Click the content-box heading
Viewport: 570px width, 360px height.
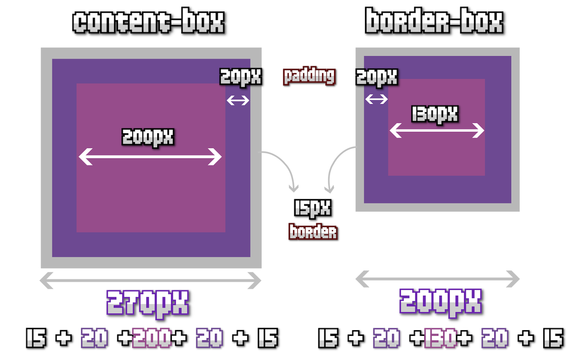148,22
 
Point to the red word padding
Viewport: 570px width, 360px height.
309,76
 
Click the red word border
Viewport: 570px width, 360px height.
313,232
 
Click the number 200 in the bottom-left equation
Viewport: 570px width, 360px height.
152,339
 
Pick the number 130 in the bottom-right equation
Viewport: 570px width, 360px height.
440,339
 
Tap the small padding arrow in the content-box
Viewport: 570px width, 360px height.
238,101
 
